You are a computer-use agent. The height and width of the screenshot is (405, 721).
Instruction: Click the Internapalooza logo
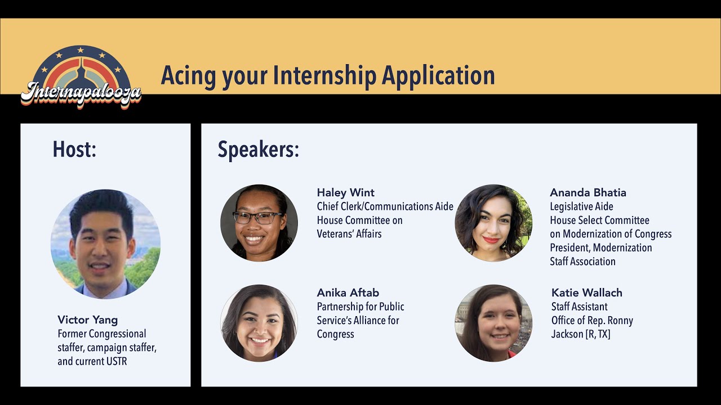[81, 78]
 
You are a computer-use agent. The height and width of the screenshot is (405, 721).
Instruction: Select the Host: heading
[74, 150]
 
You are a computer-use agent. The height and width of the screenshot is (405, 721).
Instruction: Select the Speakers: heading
[258, 150]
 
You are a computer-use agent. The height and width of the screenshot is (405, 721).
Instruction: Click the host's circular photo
[105, 244]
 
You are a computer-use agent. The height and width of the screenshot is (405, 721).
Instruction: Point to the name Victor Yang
[87, 320]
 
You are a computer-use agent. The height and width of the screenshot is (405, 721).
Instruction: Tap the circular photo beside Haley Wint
[259, 223]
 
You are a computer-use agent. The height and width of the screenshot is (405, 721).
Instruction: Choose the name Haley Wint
[345, 193]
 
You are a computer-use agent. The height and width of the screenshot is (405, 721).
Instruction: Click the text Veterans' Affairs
[349, 234]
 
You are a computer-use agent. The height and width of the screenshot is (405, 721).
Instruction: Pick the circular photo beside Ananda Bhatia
[493, 223]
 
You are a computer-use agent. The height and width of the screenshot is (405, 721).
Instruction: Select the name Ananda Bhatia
[588, 193]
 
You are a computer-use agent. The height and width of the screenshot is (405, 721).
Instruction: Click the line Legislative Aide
[581, 207]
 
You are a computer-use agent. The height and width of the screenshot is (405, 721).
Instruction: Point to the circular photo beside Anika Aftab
[259, 323]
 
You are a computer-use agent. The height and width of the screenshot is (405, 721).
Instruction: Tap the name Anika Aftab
[348, 293]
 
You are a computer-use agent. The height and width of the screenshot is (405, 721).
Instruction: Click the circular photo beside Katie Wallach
[493, 323]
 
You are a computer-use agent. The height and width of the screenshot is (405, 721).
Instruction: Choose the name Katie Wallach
[586, 293]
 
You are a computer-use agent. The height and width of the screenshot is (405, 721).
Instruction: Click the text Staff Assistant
[579, 307]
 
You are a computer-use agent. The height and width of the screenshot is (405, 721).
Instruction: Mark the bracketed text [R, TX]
[597, 334]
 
